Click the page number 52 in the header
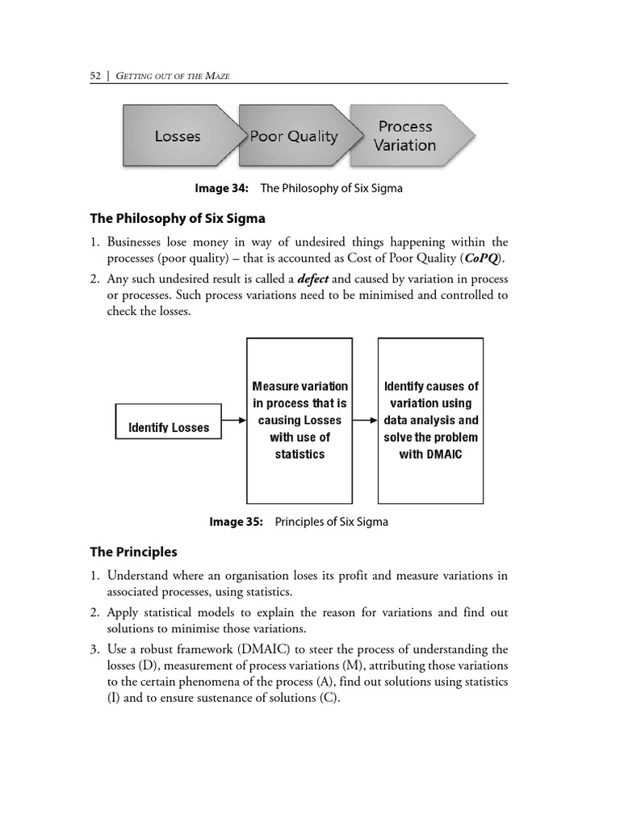96,75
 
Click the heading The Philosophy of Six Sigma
177,219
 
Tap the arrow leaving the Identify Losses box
233,421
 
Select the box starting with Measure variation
300,420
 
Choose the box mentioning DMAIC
431,420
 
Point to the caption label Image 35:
237,522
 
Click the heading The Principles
133,552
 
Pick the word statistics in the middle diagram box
300,455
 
